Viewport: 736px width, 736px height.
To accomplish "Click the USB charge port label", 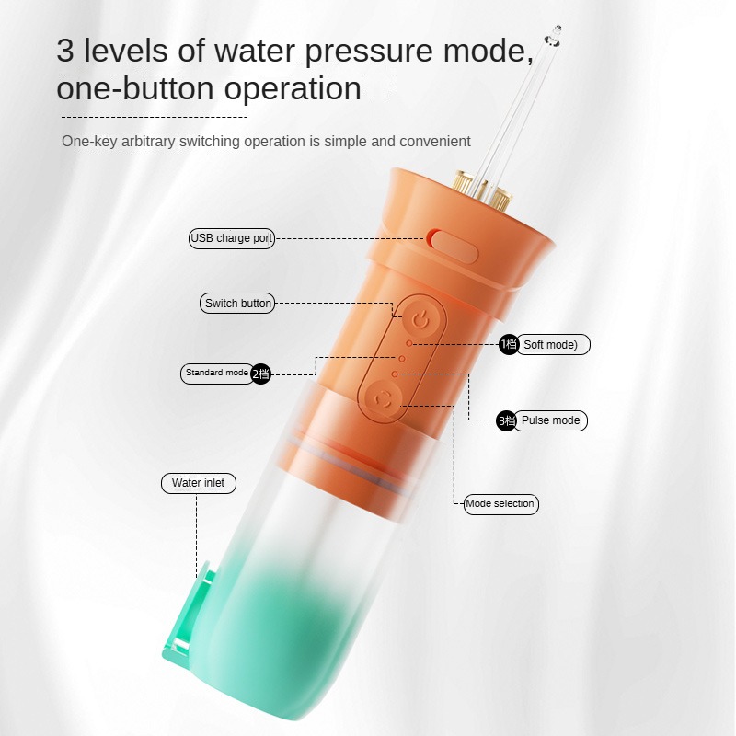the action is [232, 238].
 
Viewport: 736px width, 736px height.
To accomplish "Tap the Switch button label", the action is [237, 304].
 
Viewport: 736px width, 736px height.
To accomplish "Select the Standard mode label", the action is [218, 374].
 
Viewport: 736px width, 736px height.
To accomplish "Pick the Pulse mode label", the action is [550, 420].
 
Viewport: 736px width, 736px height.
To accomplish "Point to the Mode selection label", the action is [500, 504].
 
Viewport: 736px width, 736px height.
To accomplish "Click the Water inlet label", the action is [199, 483].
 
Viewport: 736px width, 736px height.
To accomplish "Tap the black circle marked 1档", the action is [509, 344].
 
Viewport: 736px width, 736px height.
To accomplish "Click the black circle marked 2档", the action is [261, 374].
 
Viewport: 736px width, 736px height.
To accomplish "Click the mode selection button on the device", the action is [384, 400].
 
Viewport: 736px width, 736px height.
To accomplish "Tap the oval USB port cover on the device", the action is [454, 246].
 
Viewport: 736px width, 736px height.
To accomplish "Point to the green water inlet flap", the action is [188, 615].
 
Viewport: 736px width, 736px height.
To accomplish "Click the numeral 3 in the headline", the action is [65, 51].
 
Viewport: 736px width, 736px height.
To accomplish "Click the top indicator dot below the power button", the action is [409, 343].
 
